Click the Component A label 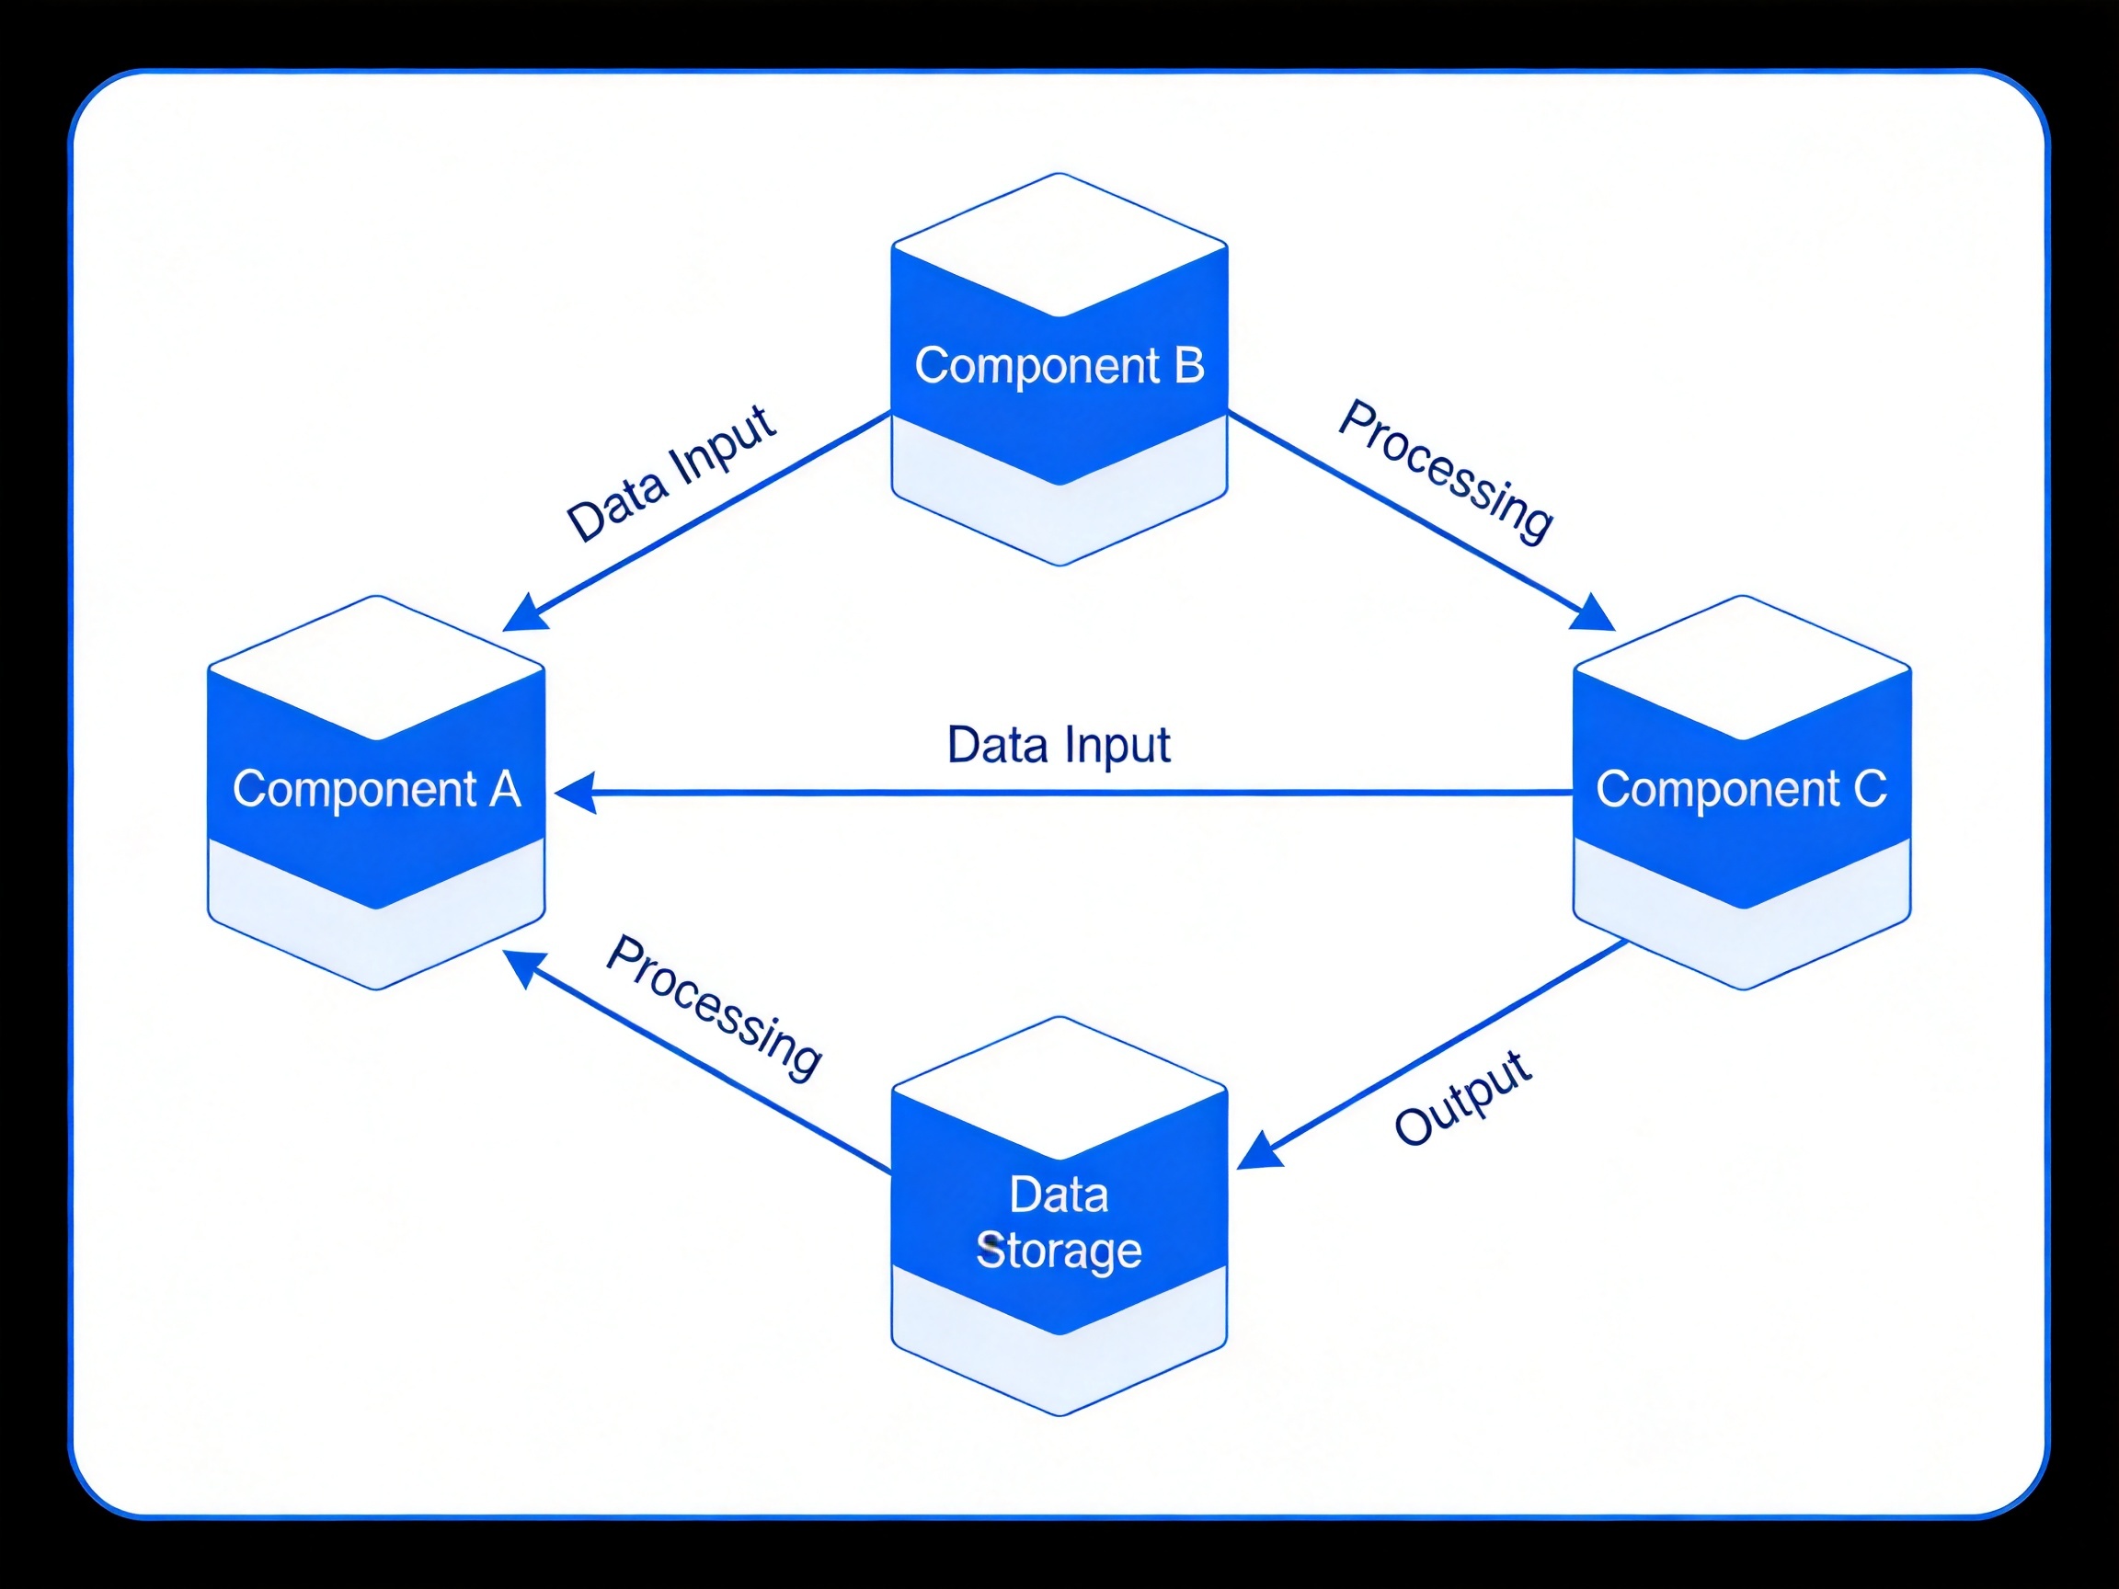376,790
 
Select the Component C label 1742,790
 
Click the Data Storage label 1059,1223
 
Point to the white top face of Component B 1059,246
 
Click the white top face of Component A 376,669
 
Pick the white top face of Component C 1743,669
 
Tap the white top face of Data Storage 1059,1088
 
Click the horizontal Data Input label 1059,746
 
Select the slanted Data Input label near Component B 670,474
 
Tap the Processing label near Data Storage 715,1008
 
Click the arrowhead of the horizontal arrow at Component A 575,793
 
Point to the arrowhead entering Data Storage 1259,1151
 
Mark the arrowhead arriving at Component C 1594,613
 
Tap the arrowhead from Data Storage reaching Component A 525,968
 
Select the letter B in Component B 1189,365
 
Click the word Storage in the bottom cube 1059,1251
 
